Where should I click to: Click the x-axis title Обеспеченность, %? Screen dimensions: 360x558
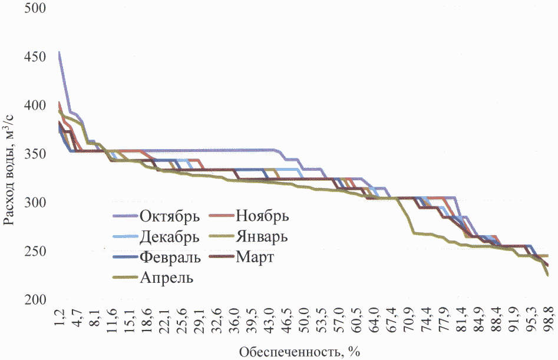point(299,352)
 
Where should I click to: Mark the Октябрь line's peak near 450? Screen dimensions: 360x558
point(60,52)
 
